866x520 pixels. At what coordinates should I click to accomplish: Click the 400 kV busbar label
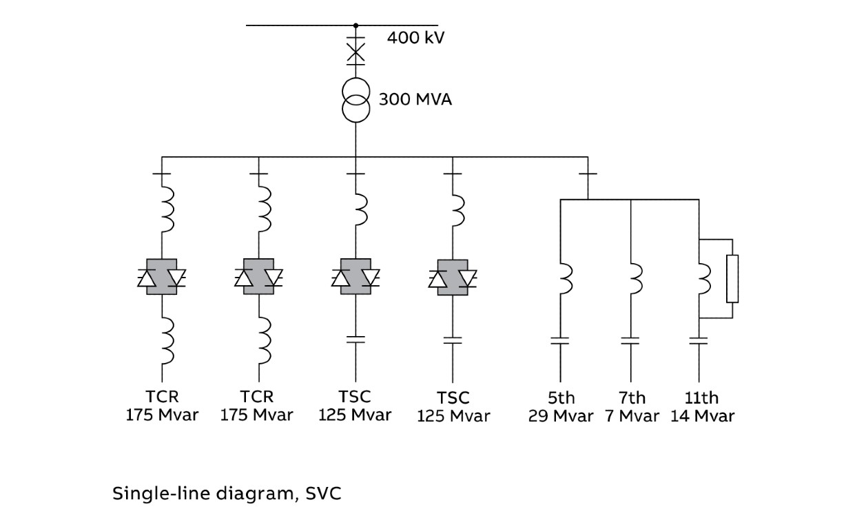click(415, 37)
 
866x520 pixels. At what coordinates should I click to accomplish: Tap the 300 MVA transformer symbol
click(355, 101)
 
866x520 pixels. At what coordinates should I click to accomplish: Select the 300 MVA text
click(415, 100)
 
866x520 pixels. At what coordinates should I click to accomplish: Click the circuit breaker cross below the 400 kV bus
click(355, 52)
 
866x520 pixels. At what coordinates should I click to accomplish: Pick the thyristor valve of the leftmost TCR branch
click(162, 277)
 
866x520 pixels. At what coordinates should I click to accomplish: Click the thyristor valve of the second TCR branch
click(259, 277)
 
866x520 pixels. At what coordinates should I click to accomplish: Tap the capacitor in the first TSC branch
click(355, 338)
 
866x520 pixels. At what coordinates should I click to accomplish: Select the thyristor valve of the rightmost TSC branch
click(453, 277)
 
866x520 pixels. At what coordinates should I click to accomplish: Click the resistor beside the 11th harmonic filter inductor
click(732, 278)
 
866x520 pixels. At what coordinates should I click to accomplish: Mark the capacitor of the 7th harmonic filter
click(630, 340)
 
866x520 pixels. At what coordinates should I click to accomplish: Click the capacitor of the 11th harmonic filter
click(699, 340)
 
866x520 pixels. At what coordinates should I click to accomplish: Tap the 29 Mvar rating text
click(561, 416)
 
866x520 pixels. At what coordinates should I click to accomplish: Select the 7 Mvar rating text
click(632, 416)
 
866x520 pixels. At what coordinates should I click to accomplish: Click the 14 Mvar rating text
click(702, 416)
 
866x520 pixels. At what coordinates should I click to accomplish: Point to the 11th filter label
click(701, 398)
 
